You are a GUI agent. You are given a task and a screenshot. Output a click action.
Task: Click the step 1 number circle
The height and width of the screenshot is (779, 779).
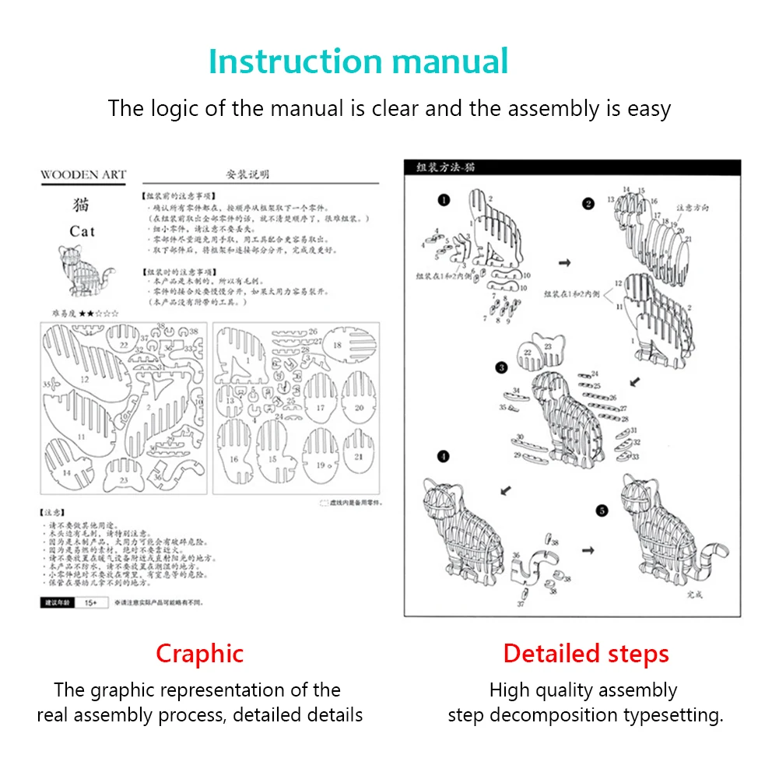(x=444, y=201)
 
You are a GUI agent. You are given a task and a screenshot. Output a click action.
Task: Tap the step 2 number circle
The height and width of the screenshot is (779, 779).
(x=588, y=204)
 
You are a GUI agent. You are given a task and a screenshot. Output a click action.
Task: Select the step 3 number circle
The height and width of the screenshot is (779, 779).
(x=502, y=367)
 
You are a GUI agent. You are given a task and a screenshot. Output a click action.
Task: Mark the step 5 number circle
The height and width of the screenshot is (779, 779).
(x=602, y=511)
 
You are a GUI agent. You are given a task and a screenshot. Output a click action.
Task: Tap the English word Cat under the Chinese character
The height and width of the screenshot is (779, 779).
(x=82, y=231)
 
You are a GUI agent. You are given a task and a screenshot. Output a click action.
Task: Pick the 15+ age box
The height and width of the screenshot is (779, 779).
(x=90, y=602)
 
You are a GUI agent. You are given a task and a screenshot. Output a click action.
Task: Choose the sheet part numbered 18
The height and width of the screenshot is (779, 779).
(x=346, y=348)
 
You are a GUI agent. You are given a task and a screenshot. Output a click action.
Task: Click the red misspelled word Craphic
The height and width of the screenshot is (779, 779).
(x=199, y=654)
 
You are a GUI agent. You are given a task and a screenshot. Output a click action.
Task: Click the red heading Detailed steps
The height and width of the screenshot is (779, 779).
(x=586, y=654)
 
